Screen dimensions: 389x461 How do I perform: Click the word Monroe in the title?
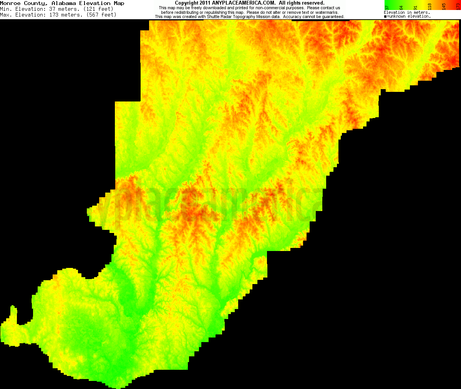pyautogui.click(x=10, y=3)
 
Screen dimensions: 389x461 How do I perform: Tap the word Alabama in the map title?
pyautogui.click(x=64, y=3)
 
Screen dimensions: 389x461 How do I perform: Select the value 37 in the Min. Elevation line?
pyautogui.click(x=52, y=9)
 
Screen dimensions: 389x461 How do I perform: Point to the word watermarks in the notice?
pyautogui.click(x=327, y=12)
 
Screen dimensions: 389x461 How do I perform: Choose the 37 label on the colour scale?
pyautogui.click(x=387, y=7)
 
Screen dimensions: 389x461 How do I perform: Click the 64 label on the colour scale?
pyautogui.click(x=401, y=7)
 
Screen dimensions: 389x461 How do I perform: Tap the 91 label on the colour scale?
pyautogui.click(x=415, y=7)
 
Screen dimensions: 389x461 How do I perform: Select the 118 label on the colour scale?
pyautogui.click(x=429, y=7)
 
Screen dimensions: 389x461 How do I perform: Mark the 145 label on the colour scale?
pyautogui.click(x=444, y=7)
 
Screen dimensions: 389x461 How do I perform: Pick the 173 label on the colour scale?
pyautogui.click(x=458, y=7)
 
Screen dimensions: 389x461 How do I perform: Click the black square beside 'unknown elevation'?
pyautogui.click(x=385, y=17)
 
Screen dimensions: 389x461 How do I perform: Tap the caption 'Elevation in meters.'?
pyautogui.click(x=407, y=13)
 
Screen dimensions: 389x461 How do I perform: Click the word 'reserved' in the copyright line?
pyautogui.click(x=313, y=3)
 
